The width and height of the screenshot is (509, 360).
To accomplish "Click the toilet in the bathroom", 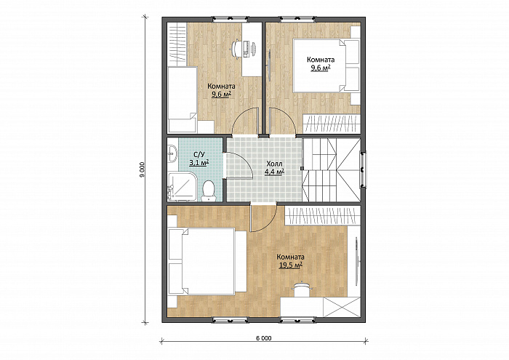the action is click(208, 191).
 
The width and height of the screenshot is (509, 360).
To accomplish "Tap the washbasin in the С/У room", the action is click(173, 153).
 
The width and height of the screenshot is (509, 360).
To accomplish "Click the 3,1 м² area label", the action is click(199, 162).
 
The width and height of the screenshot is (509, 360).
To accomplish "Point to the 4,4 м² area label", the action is click(275, 172).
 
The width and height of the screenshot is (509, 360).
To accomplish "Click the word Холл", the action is click(275, 164).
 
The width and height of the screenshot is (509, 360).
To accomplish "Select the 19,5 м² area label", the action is click(291, 265).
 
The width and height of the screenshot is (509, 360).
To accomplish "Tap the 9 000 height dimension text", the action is click(142, 169).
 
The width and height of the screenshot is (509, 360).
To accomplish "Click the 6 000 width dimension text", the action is click(263, 338).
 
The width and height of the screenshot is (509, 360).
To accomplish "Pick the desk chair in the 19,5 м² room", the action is click(302, 289).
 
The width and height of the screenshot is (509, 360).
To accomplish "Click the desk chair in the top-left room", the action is click(236, 49).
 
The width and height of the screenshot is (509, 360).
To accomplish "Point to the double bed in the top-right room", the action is click(326, 65).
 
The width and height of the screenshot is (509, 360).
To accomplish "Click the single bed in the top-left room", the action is click(182, 100).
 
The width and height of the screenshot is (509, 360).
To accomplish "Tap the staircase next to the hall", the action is click(332, 169).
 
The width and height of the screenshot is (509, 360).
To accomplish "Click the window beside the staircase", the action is click(364, 169).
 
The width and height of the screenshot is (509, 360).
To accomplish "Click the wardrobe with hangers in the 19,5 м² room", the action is click(323, 215).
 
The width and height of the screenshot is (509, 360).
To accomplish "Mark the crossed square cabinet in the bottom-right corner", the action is click(342, 307).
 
